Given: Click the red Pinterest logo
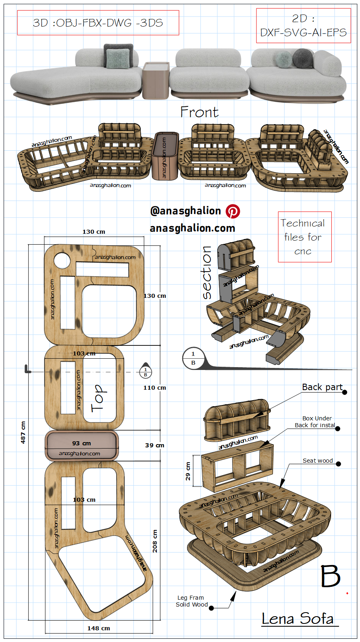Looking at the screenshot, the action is pyautogui.click(x=233, y=211).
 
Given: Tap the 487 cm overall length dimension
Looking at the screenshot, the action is pyautogui.click(x=23, y=432).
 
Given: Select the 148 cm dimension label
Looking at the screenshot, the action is pyautogui.click(x=99, y=628).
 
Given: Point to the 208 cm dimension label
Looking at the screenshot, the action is pyautogui.click(x=155, y=541).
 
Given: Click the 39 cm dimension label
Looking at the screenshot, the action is pyautogui.click(x=155, y=445).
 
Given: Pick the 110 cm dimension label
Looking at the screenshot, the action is pyautogui.click(x=155, y=388).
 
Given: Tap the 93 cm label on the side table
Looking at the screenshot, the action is pyautogui.click(x=81, y=443).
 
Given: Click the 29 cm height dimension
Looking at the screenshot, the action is pyautogui.click(x=188, y=471).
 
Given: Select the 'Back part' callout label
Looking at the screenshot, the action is pyautogui.click(x=323, y=387).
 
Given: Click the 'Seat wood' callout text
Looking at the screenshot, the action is pyautogui.click(x=318, y=461).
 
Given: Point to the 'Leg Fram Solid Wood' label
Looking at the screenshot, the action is pyautogui.click(x=191, y=601).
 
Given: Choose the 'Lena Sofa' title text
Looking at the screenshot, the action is pyautogui.click(x=298, y=619).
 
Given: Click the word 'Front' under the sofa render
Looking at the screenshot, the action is pyautogui.click(x=200, y=112).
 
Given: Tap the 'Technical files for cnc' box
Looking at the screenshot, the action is pyautogui.click(x=305, y=237).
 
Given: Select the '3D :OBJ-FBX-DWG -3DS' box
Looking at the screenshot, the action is pyautogui.click(x=98, y=23).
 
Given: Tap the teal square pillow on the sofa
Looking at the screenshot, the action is pyautogui.click(x=118, y=59).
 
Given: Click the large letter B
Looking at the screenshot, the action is pyautogui.click(x=331, y=576).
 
